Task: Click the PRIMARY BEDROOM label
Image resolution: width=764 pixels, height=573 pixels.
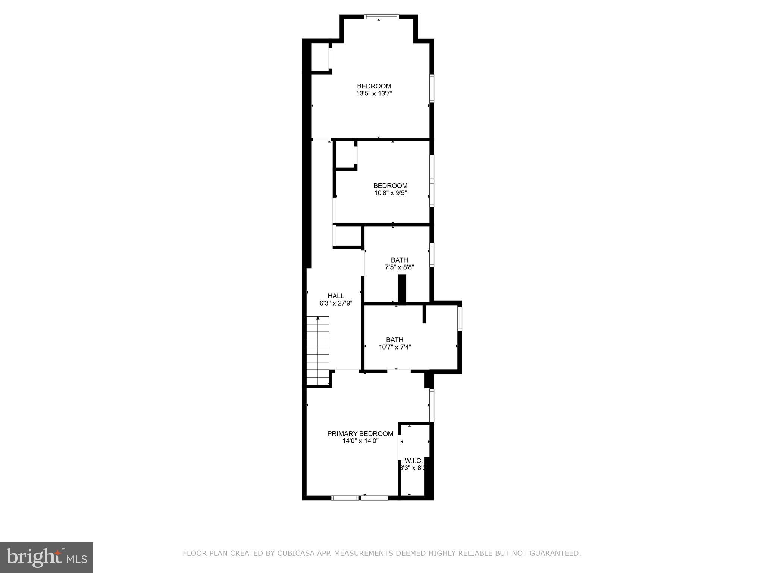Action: pyautogui.click(x=360, y=433)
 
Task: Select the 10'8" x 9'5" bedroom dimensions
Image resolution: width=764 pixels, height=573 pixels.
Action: pyautogui.click(x=390, y=193)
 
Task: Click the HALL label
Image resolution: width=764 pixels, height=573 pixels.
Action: pyautogui.click(x=336, y=296)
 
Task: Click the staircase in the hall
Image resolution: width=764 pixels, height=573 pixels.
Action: pyautogui.click(x=318, y=351)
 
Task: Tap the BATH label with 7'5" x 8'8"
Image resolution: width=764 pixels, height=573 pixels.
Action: pyautogui.click(x=399, y=260)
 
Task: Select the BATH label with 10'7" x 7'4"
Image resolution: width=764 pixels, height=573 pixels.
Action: pyautogui.click(x=394, y=340)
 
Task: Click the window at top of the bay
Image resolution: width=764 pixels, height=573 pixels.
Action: pyautogui.click(x=381, y=17)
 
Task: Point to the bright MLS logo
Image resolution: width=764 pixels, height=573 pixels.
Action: pyautogui.click(x=46, y=557)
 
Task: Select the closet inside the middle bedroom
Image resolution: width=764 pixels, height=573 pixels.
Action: pyautogui.click(x=345, y=155)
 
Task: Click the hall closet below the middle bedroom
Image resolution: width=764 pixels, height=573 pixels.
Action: pyautogui.click(x=348, y=236)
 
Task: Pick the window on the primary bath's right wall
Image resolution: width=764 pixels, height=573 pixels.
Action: pyautogui.click(x=460, y=318)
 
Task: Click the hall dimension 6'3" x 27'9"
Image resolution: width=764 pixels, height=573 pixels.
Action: pyautogui.click(x=336, y=303)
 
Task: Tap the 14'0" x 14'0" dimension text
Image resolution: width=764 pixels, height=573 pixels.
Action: pyautogui.click(x=360, y=441)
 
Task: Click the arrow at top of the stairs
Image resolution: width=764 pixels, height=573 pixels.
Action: pyautogui.click(x=318, y=319)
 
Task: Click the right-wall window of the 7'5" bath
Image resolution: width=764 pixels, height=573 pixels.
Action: pyautogui.click(x=432, y=255)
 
